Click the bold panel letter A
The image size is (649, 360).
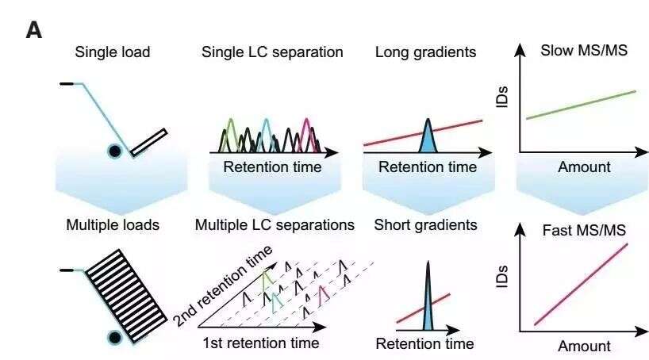tap(33, 31)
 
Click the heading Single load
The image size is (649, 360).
tap(113, 52)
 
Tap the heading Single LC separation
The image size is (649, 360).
tap(272, 52)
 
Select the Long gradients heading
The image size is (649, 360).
tap(425, 52)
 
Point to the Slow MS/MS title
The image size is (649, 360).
tap(584, 51)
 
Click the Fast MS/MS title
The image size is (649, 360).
tap(584, 230)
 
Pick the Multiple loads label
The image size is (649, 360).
tap(113, 224)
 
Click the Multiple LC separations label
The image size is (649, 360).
tap(275, 224)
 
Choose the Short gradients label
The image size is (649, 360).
tap(425, 224)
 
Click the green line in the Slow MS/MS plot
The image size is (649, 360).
tap(581, 105)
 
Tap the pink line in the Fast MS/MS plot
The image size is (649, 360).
tap(581, 285)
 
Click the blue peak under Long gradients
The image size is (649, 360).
tap(428, 136)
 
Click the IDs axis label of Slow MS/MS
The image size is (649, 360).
tap(501, 98)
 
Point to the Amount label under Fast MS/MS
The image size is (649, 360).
tap(584, 346)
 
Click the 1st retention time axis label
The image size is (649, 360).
tap(261, 343)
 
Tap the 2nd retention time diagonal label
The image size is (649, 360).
tap(222, 285)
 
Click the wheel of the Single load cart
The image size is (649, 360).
tap(115, 151)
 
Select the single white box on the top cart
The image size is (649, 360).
tap(149, 143)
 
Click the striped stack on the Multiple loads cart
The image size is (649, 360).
tap(127, 297)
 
